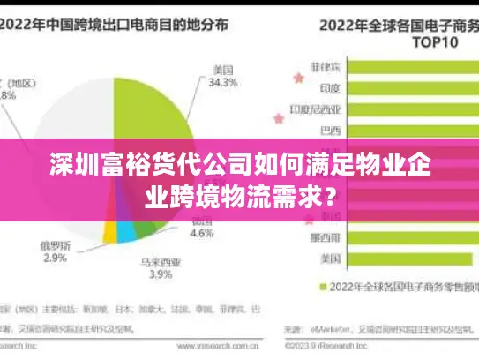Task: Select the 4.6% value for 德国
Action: click(x=202, y=234)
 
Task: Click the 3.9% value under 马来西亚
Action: click(x=160, y=275)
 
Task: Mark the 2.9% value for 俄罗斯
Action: click(x=54, y=258)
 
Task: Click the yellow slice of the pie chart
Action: click(x=110, y=231)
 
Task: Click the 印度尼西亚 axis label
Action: click(x=315, y=110)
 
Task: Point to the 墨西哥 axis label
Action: click(x=326, y=237)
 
